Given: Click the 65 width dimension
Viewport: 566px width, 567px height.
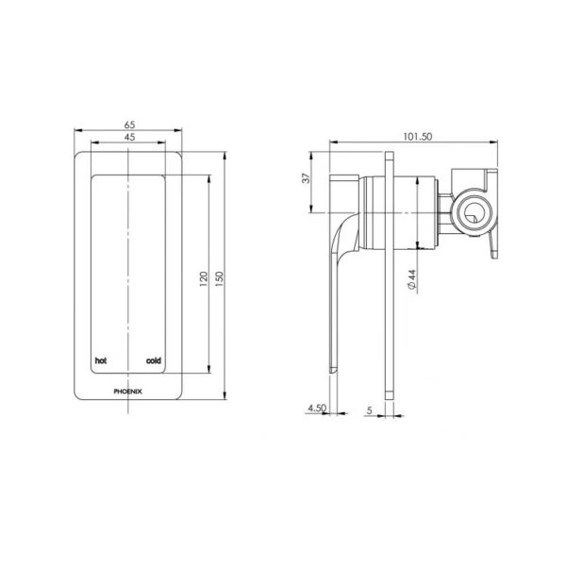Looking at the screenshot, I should coord(126,124).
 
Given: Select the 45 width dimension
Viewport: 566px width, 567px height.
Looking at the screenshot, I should coord(126,138).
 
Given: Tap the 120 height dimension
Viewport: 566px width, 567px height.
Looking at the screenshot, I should coord(203,282).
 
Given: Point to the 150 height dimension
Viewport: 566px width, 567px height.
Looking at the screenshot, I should coord(218,282).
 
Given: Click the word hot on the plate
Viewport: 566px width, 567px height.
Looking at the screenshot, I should coord(100,360).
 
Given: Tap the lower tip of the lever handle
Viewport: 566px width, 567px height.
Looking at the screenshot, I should coord(332,368).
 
